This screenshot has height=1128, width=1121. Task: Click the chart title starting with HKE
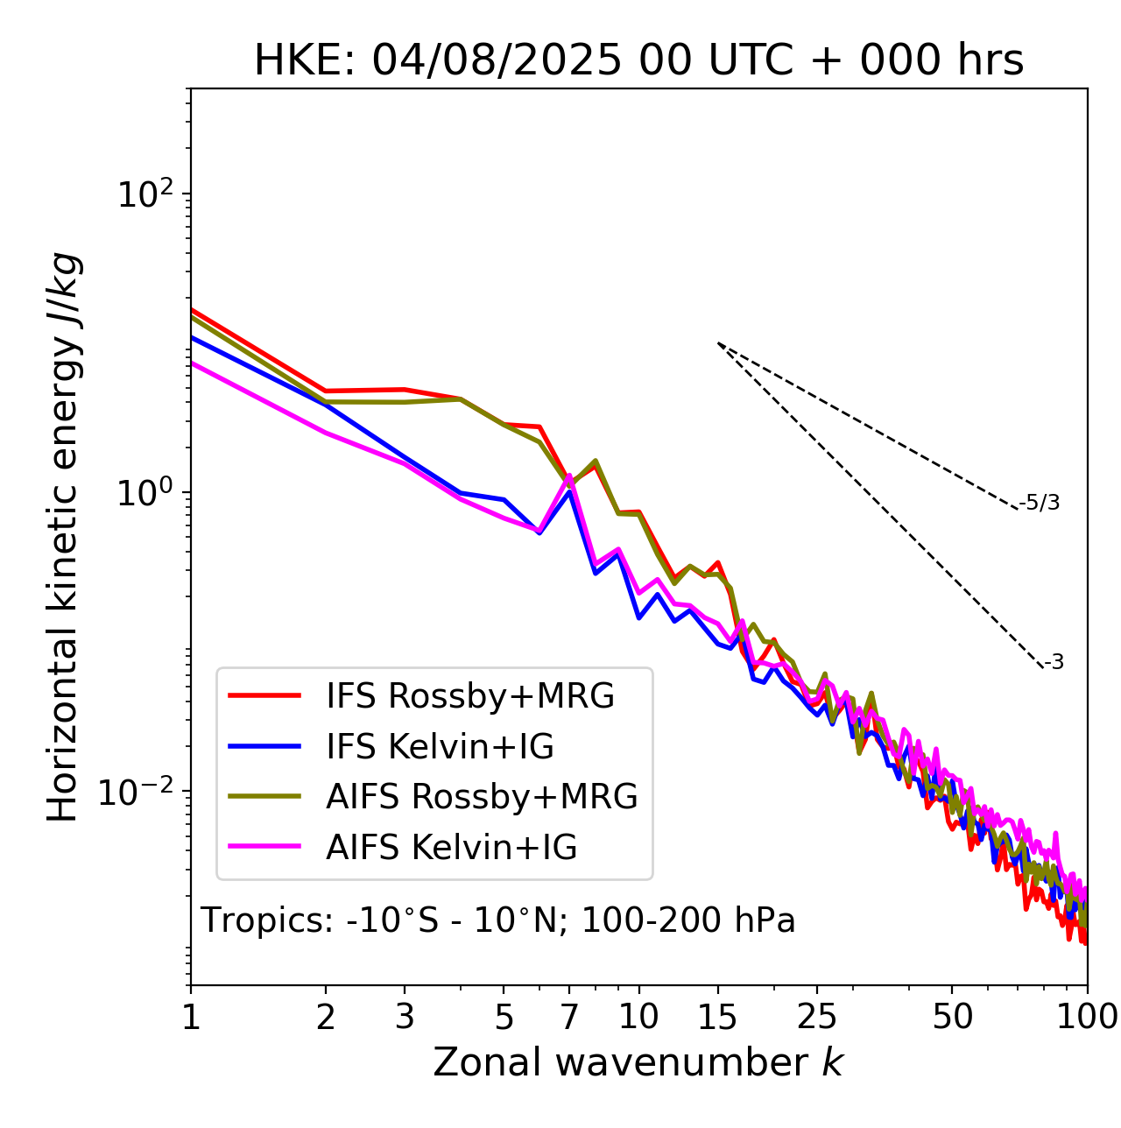coord(638,61)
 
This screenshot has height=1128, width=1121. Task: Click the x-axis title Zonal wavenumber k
coord(638,1062)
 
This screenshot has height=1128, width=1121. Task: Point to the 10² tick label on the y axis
coord(145,194)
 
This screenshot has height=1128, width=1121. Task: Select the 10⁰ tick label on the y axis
coord(145,493)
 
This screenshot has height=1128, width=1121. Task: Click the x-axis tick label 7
coord(569,1017)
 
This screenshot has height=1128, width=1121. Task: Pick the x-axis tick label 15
coord(717,1017)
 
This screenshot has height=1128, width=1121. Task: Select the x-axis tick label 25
coord(817,1017)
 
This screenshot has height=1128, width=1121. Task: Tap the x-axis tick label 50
coord(952,1017)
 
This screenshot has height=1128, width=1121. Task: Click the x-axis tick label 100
coord(1087,1017)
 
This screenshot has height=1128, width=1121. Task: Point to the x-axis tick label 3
coord(405,1017)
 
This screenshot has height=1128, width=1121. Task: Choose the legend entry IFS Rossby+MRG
coord(470,696)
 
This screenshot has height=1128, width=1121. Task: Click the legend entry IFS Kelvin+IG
coord(440,746)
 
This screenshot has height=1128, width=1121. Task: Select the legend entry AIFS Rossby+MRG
coord(482,797)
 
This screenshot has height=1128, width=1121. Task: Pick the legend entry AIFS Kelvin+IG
coord(452,848)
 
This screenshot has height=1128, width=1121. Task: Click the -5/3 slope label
coord(1040,503)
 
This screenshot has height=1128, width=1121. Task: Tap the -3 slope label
coord(1054,662)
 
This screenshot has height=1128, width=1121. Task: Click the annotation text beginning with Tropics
coord(498,920)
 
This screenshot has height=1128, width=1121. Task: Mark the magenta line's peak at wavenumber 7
coord(569,476)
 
